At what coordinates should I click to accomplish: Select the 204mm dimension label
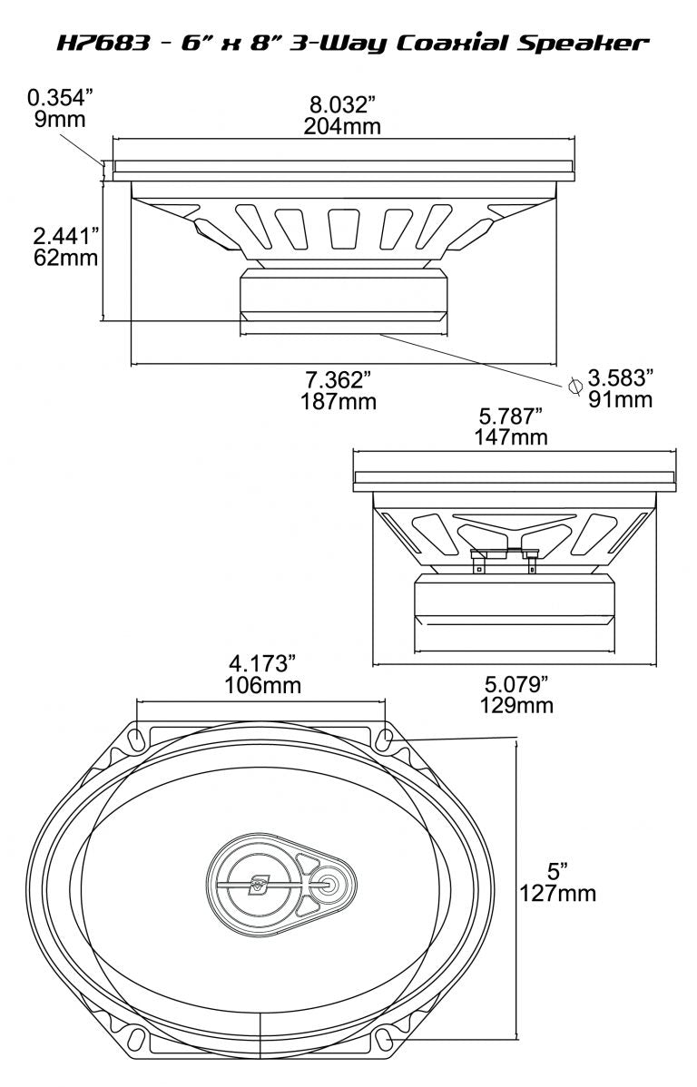pos(342,126)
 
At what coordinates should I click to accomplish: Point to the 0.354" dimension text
pos(64,97)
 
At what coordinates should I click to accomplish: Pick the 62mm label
pos(65,258)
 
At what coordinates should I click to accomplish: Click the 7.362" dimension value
pos(339,377)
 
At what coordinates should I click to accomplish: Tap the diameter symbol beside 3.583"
pos(574,385)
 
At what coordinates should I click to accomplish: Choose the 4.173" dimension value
pos(261,663)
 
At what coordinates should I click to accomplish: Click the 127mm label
pos(557,893)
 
